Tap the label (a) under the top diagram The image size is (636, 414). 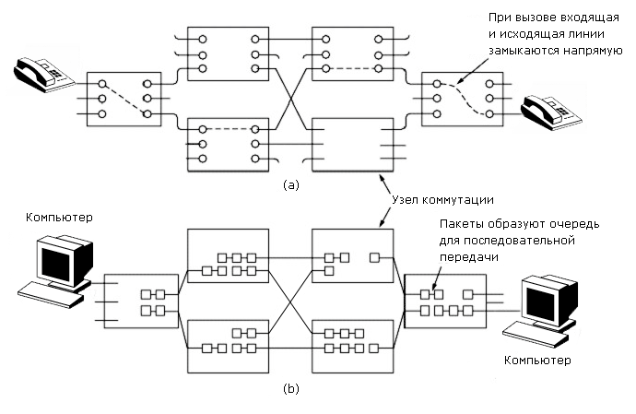point(291,184)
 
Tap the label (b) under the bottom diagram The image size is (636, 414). point(291,389)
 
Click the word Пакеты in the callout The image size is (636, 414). point(459,224)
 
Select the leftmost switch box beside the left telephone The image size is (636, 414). point(122,99)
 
